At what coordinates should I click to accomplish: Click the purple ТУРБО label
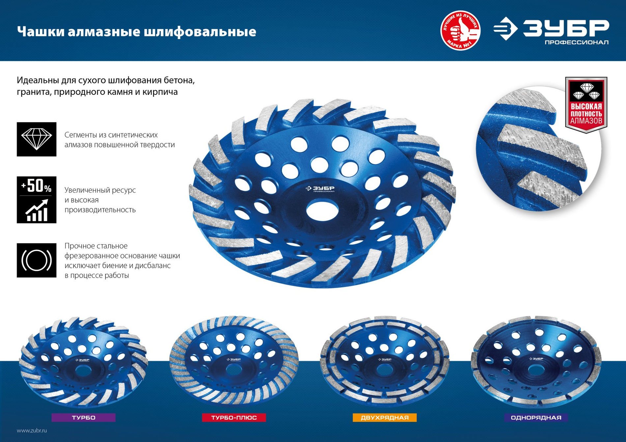pos(83,418)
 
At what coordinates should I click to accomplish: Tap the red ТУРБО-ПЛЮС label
pos(234,418)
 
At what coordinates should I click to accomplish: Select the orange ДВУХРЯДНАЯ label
pos(384,418)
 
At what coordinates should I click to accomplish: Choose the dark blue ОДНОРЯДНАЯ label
pos(536,418)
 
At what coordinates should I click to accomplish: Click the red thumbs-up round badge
pos(460,31)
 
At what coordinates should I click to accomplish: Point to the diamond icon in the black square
pos(37,139)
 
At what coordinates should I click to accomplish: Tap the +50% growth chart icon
pos(37,200)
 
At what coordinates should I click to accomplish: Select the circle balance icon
pos(37,260)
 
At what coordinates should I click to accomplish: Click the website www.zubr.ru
pos(32,430)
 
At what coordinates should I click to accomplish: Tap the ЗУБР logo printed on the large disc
pos(320,189)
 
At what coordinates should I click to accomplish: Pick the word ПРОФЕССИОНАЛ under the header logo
pos(576,42)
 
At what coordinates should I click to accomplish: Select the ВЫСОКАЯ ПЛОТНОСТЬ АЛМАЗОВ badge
pos(586,105)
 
